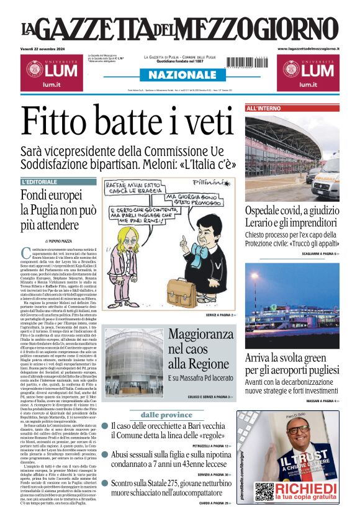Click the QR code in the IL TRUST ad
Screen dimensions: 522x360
coord(264,491)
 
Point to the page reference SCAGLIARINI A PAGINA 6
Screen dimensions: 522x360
coord(311,254)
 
